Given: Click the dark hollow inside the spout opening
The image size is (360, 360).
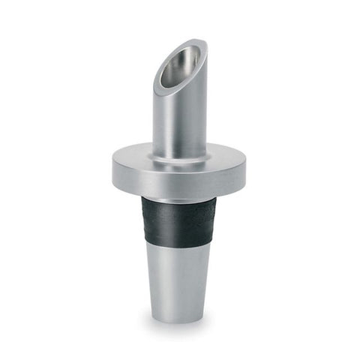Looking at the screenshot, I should pyautogui.click(x=180, y=66).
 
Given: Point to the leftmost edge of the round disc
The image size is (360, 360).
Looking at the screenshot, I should pyautogui.click(x=113, y=169).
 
